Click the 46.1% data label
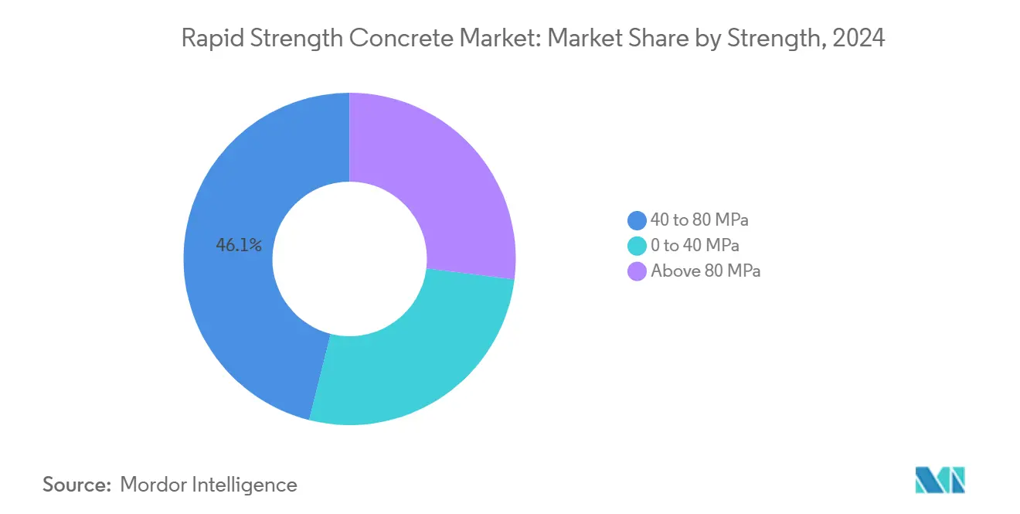click(x=239, y=246)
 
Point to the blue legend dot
click(x=637, y=220)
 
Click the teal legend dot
click(x=637, y=246)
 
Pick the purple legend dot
click(x=637, y=271)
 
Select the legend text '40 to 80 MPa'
click(x=699, y=220)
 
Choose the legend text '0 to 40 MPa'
click(x=695, y=246)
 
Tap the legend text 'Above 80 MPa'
click(x=705, y=271)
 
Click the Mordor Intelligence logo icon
click(x=940, y=480)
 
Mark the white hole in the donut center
click(x=349, y=259)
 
